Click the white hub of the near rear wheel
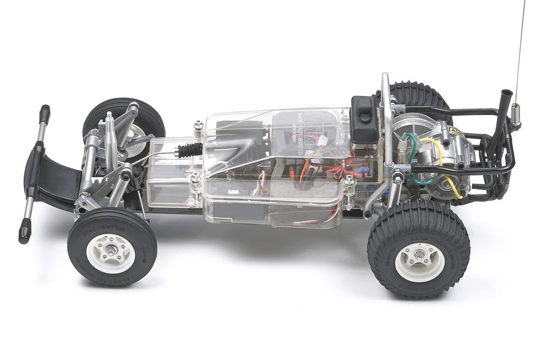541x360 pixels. [x=419, y=261]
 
